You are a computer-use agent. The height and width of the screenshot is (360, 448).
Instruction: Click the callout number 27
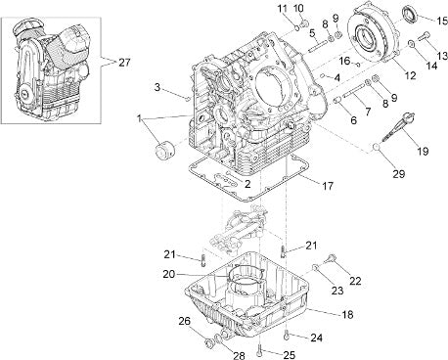(124, 63)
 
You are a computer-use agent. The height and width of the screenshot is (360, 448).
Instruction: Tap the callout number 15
(442, 22)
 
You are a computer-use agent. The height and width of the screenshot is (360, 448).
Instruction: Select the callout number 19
(423, 151)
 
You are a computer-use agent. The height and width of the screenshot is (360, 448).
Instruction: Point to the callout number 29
(398, 174)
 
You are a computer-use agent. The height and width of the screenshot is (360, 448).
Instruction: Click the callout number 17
(328, 186)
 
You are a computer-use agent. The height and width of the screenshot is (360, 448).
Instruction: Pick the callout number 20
(169, 275)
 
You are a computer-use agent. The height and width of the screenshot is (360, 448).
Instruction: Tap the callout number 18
(348, 315)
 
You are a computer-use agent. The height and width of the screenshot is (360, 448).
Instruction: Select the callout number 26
(185, 321)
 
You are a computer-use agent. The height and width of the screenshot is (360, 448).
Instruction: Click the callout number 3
(157, 87)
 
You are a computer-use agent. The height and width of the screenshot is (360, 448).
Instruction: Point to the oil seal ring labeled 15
(410, 16)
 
